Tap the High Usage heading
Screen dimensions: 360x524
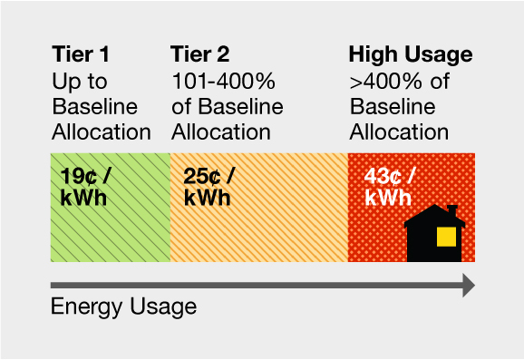click(410, 54)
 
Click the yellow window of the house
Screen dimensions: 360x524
click(446, 237)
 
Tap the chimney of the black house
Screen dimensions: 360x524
click(451, 210)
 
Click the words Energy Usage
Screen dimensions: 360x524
click(123, 306)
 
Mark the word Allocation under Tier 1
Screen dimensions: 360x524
click(101, 132)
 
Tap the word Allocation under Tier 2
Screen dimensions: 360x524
click(220, 132)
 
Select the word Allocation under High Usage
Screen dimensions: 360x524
click(399, 132)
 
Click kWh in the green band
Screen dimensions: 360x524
click(83, 198)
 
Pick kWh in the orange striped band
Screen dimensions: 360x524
click(207, 198)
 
